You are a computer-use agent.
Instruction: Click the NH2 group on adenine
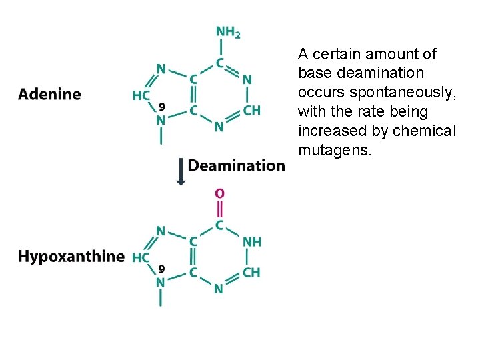pos(228,31)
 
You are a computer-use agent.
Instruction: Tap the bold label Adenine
pos(49,95)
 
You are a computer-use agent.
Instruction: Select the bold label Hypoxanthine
pos(71,257)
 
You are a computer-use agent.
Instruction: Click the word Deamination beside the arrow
pos(237,165)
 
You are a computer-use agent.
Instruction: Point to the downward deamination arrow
pos(180,171)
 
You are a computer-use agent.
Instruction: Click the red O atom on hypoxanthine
pos(219,193)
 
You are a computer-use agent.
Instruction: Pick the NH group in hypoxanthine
pos(252,241)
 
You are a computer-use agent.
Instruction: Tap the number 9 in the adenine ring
pos(161,105)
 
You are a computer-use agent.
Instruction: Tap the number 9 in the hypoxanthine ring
pos(161,268)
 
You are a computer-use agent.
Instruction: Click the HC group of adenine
pos(141,95)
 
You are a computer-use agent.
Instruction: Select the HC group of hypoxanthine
pos(141,257)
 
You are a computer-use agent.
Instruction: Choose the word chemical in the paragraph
pos(425,131)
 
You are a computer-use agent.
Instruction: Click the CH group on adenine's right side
pos(251,110)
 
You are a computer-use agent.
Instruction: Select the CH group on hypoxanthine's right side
pos(251,272)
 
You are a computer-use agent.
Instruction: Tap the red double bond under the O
pos(219,209)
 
